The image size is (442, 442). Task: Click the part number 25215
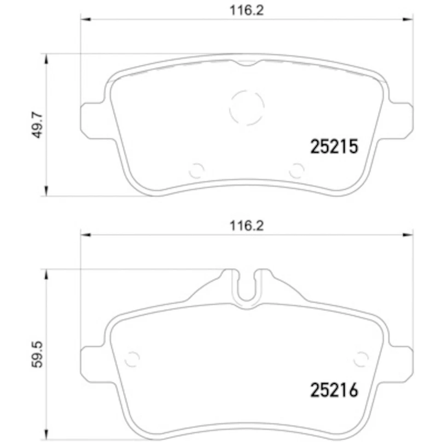pos(334,147)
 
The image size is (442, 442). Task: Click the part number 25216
pos(334,390)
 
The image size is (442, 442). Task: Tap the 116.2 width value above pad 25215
pos(247,11)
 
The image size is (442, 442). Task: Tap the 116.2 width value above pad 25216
pos(247,226)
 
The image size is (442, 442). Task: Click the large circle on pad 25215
pos(247,107)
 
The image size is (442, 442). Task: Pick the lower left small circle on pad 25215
pos(197,170)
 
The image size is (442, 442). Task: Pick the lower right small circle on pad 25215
pos(297,170)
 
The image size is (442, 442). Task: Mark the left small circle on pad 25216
pos(133,358)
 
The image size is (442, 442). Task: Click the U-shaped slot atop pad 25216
pos(247,288)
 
